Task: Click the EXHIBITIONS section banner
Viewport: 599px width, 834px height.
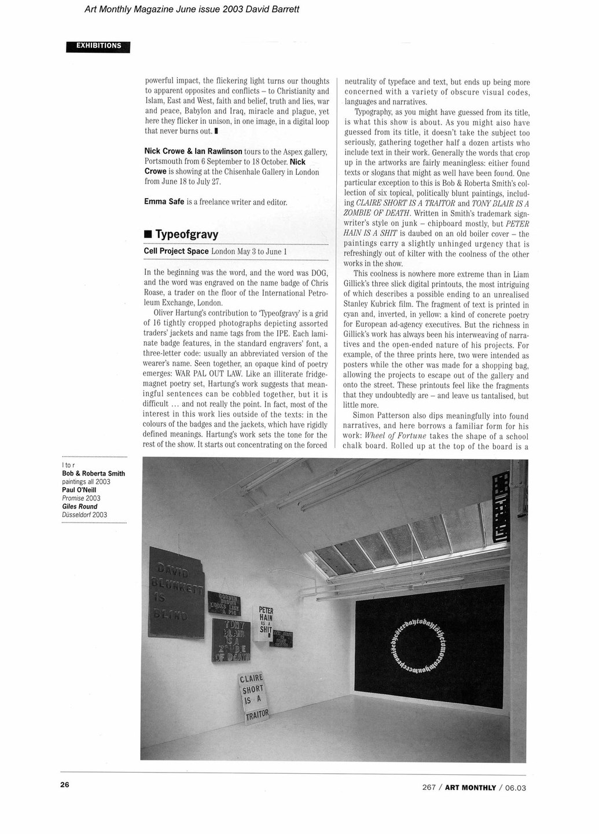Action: (98, 46)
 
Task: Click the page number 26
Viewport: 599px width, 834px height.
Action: (64, 785)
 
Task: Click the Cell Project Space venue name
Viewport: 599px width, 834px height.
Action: (176, 251)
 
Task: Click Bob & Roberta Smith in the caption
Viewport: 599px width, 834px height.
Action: (93, 473)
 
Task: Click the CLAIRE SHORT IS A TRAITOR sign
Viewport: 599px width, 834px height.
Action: (253, 699)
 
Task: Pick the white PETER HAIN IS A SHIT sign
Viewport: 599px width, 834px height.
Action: (266, 622)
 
